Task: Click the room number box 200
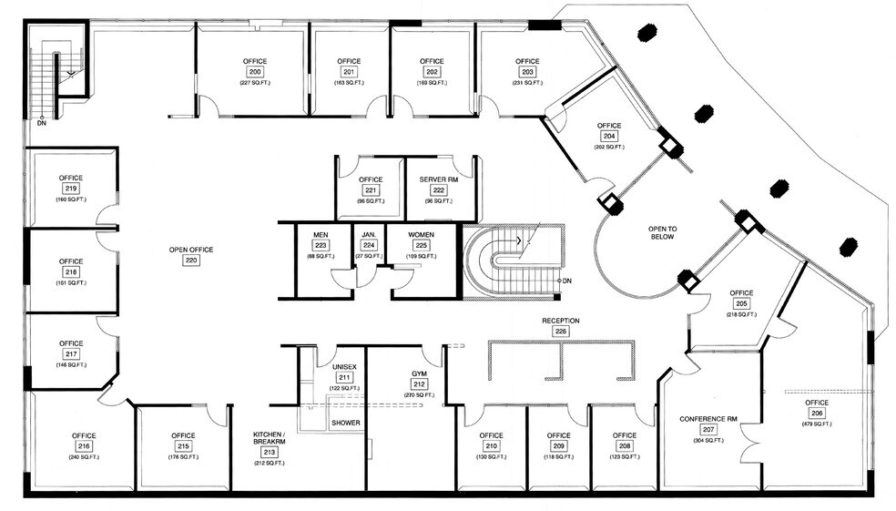[255, 72]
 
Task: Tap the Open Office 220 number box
[191, 260]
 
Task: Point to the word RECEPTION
[561, 321]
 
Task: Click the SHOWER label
[345, 423]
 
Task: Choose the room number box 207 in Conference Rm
[708, 430]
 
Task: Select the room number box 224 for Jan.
[369, 245]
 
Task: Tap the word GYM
[419, 374]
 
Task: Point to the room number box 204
[609, 136]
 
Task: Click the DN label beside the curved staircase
[567, 281]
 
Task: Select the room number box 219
[71, 189]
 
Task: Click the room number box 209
[558, 446]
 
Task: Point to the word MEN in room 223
[321, 235]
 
